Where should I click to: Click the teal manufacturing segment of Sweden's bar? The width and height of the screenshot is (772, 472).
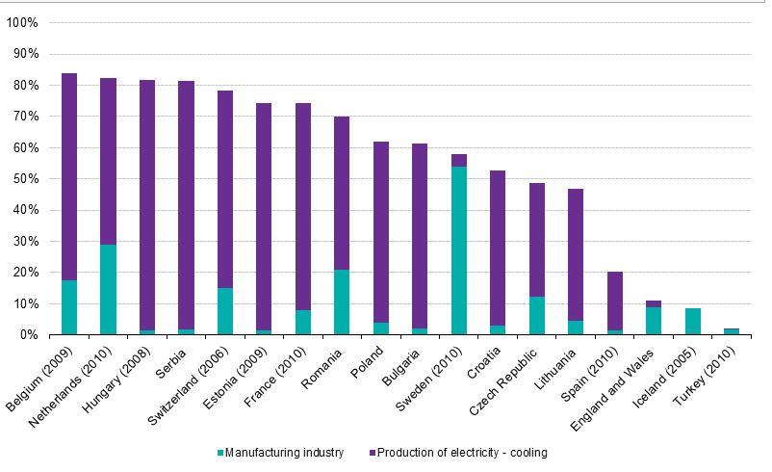coord(459,250)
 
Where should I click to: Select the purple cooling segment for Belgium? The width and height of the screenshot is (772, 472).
coord(69,177)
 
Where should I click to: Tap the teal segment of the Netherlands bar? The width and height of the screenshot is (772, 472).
coord(108,289)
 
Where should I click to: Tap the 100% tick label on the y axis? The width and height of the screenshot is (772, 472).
coord(23,22)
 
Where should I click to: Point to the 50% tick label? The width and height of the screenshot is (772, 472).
coord(26,178)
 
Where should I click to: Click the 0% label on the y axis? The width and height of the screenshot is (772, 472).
coord(29,334)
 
